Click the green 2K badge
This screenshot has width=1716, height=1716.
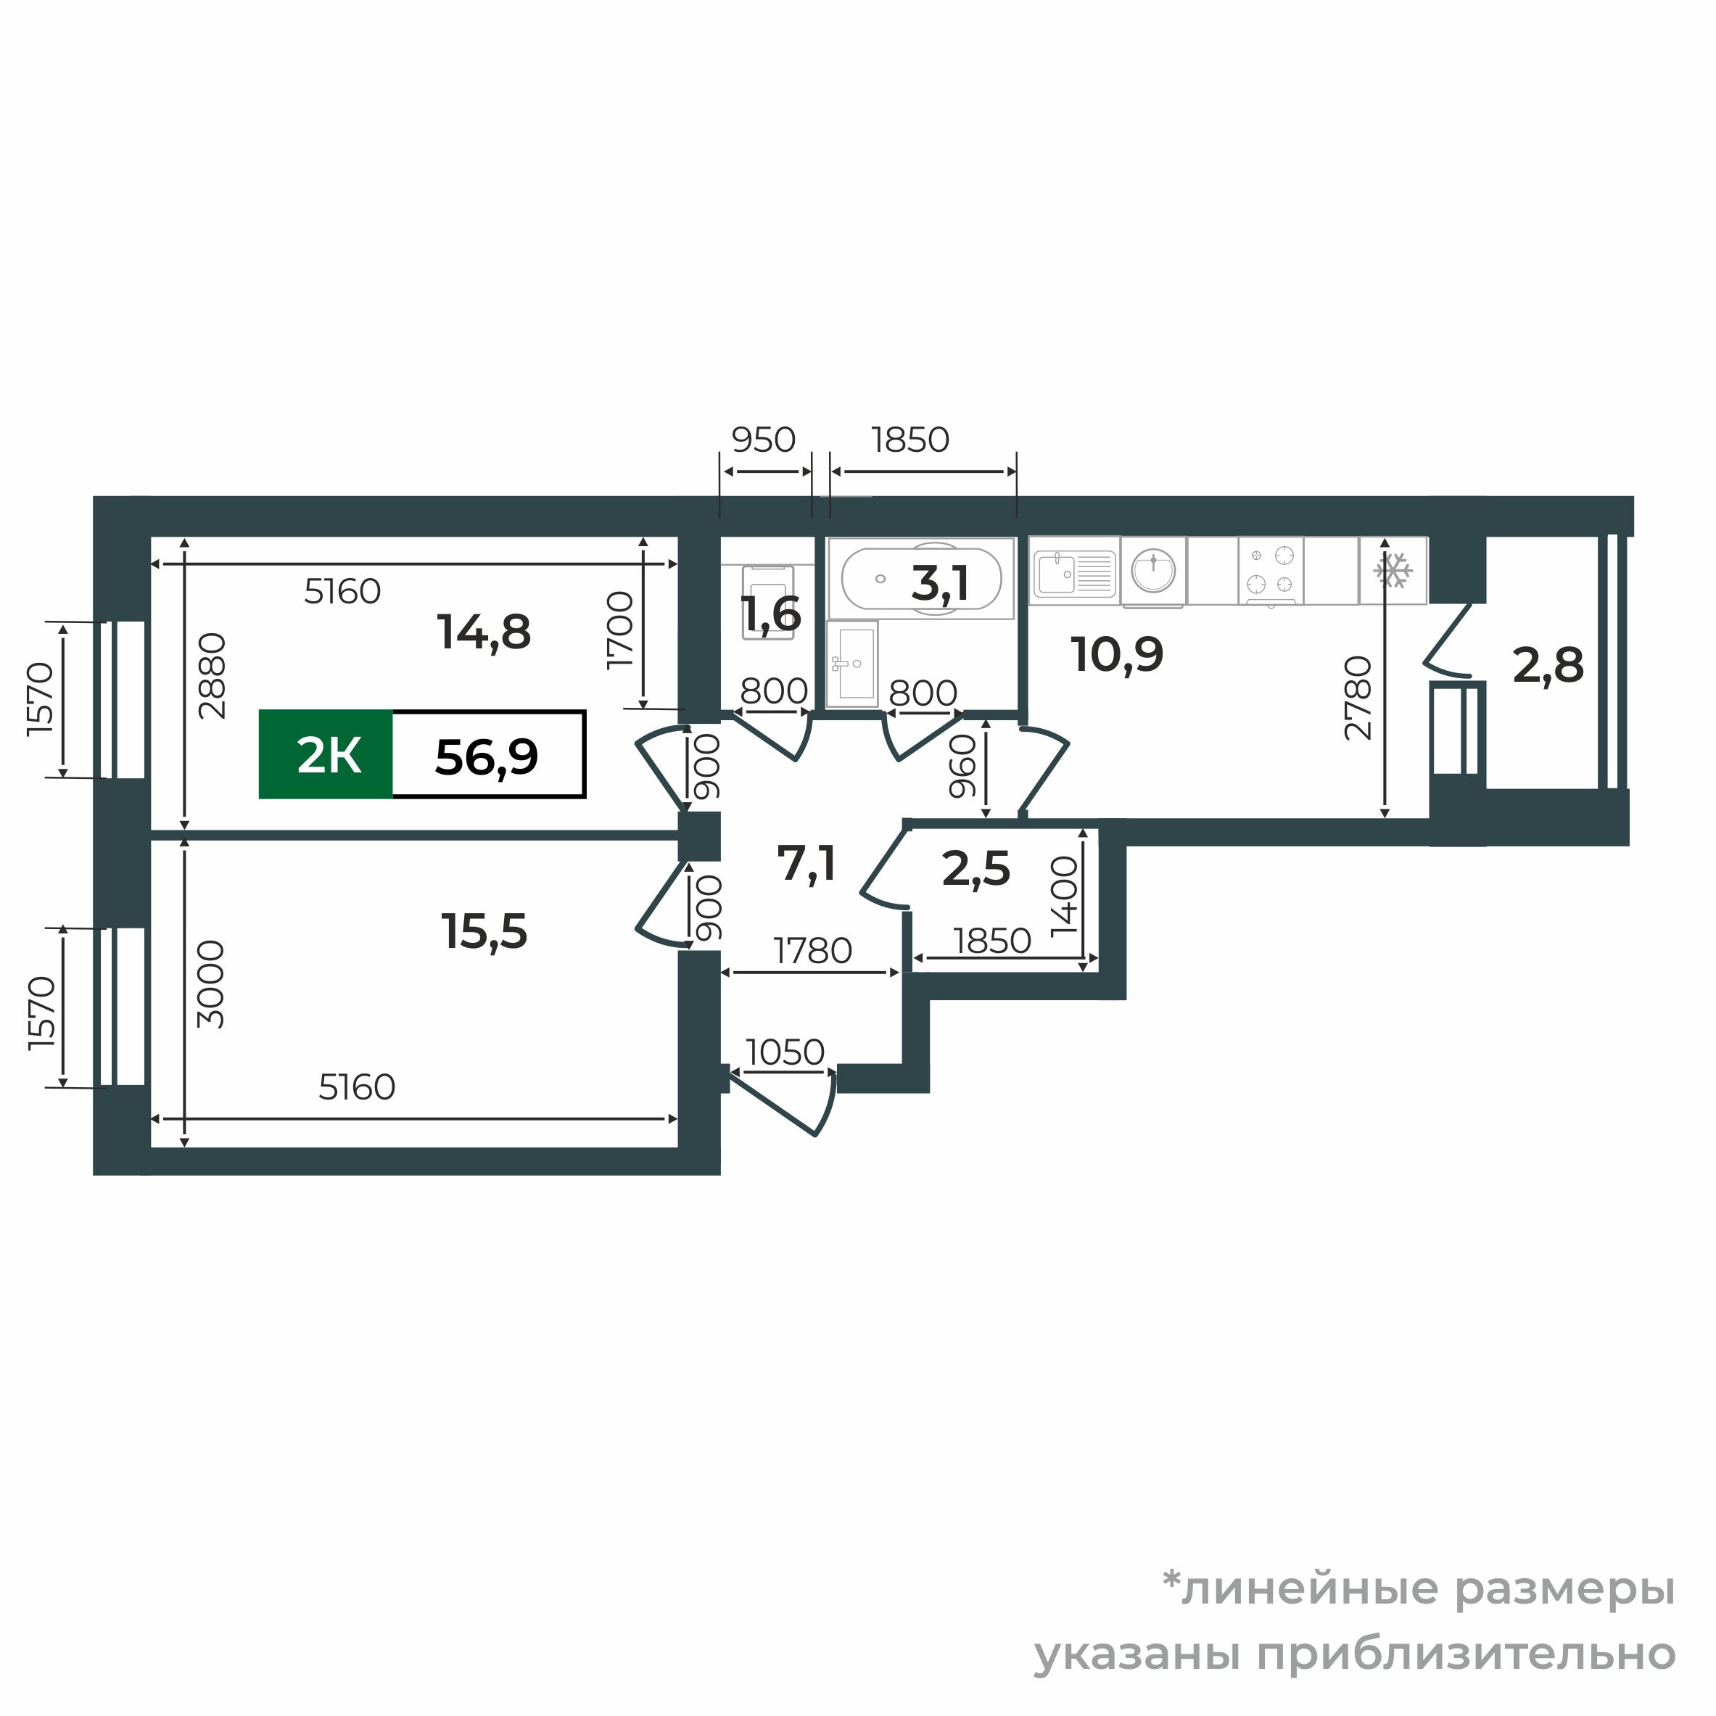click(326, 755)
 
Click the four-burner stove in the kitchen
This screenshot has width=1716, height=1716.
click(1270, 570)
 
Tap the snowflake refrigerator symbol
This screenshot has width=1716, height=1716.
click(1392, 570)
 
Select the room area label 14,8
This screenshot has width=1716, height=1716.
click(484, 632)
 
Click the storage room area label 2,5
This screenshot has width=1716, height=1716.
click(975, 869)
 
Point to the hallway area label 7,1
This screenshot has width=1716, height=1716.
click(806, 862)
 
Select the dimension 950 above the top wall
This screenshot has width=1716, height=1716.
click(763, 440)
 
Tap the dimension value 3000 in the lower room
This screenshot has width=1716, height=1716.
click(211, 984)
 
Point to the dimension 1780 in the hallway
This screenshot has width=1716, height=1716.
click(813, 952)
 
